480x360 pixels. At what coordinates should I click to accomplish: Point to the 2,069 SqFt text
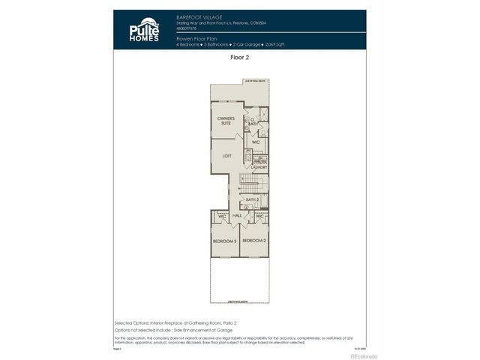272,44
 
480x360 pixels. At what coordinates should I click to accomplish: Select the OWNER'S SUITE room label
226,120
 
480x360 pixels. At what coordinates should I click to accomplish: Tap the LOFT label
226,155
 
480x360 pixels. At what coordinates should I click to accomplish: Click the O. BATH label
253,122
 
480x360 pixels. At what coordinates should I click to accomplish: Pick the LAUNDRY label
259,167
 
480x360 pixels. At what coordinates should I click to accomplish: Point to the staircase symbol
249,181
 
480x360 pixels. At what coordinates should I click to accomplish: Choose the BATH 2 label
252,199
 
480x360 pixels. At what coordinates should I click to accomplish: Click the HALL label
237,215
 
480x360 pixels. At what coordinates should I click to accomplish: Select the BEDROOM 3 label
224,241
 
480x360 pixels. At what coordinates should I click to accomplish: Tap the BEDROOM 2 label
254,241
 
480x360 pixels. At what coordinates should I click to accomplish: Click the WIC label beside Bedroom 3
222,216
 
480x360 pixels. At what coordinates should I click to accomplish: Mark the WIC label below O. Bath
256,141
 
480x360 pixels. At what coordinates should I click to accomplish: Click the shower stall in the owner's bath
262,115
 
